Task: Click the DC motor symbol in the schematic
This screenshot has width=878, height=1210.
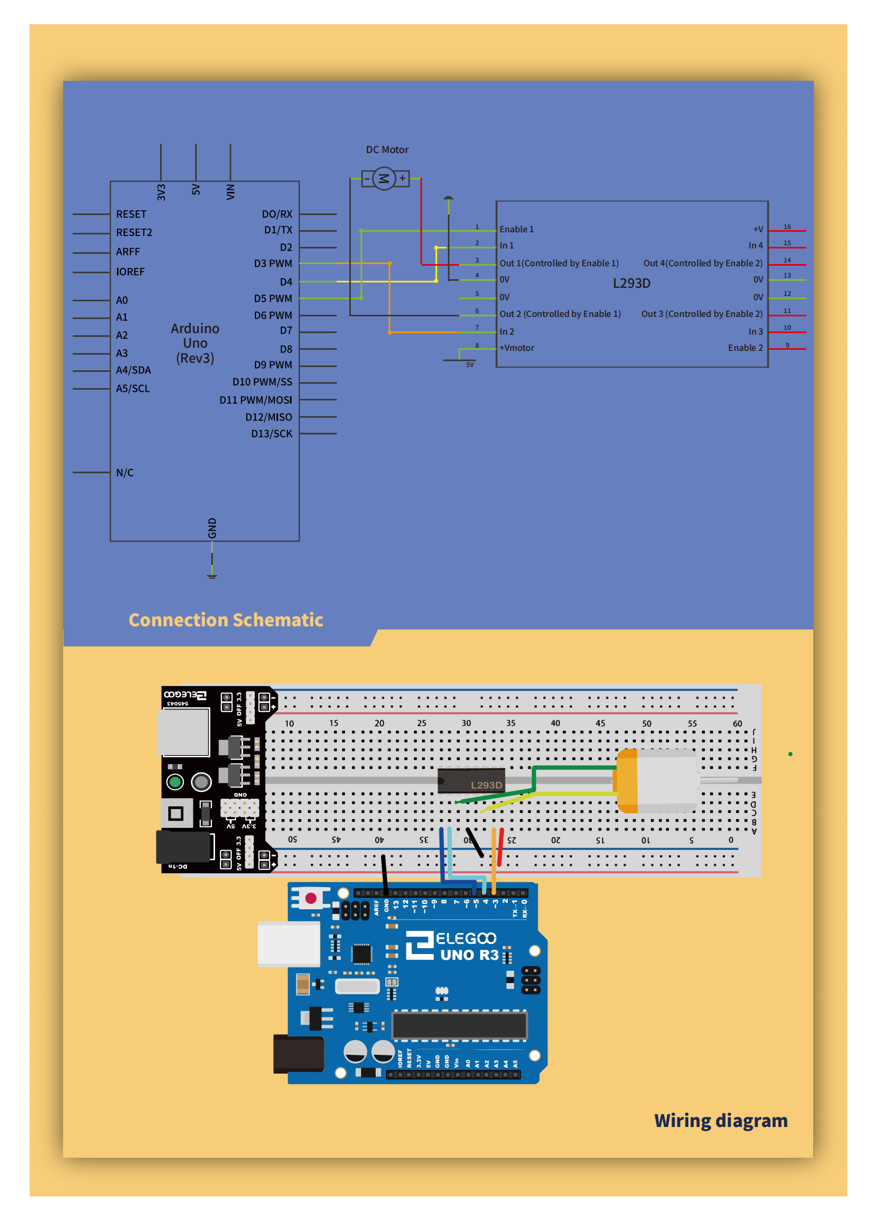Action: [384, 178]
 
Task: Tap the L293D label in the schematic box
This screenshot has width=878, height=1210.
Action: [631, 284]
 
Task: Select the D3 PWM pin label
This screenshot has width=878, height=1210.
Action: [273, 264]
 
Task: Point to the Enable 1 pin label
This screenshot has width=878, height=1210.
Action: [516, 230]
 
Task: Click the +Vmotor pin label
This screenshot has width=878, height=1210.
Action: [517, 348]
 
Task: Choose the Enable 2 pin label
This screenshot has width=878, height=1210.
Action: [745, 348]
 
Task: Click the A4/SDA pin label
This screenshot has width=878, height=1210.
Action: [133, 370]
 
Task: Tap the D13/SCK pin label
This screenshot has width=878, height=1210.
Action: [272, 434]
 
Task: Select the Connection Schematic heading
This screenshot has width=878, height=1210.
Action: [226, 620]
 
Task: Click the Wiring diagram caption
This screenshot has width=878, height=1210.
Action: [721, 1121]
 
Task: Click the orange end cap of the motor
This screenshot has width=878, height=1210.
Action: [627, 780]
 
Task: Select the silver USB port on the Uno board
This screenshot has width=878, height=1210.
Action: [289, 943]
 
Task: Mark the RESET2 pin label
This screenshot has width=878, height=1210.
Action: [134, 233]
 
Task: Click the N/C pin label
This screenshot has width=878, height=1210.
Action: [125, 473]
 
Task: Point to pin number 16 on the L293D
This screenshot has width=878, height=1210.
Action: [787, 227]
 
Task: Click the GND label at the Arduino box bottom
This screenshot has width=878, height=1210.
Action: [212, 528]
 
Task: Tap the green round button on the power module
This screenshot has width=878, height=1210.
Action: [175, 782]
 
